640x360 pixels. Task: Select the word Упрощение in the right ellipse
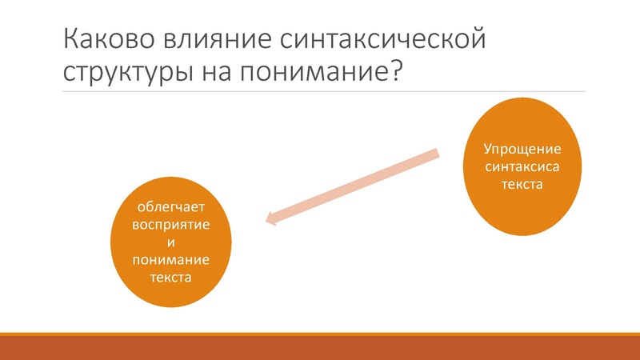(x=522, y=150)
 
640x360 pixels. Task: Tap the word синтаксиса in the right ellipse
(x=522, y=167)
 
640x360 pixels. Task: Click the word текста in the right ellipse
(x=522, y=185)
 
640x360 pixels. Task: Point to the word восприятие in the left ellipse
(x=171, y=225)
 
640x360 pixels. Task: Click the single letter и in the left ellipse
(x=171, y=242)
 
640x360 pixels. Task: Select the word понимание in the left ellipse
(x=171, y=260)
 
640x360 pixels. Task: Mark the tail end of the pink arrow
(x=437, y=153)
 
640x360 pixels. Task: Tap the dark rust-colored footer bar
(x=320, y=348)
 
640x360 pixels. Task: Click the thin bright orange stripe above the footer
(x=320, y=334)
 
